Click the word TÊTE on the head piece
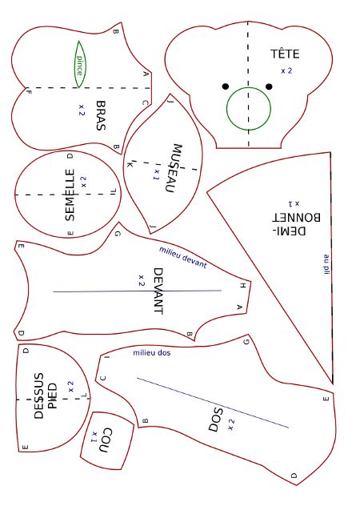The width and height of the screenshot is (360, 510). [285, 54]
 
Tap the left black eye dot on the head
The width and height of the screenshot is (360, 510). [226, 86]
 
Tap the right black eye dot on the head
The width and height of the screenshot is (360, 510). [269, 86]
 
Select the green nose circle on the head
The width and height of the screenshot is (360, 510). [249, 109]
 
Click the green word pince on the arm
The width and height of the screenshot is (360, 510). [80, 66]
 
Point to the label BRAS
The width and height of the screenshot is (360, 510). [101, 115]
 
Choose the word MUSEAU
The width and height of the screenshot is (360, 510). [173, 168]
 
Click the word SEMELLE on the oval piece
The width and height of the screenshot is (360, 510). [70, 195]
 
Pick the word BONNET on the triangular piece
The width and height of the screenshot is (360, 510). [296, 217]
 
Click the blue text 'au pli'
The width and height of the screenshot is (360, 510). [326, 264]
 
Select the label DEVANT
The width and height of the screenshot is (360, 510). [158, 291]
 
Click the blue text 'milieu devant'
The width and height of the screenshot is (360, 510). [183, 257]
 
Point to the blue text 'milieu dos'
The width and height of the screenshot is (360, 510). [152, 352]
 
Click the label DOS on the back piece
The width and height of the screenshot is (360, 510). [216, 420]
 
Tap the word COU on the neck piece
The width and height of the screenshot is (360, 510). [107, 440]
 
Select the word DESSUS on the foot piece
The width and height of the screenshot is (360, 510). [38, 396]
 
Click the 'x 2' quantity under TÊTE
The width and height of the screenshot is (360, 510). [286, 70]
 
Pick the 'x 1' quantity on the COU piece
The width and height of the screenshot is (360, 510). [94, 437]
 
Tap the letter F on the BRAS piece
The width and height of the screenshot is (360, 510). [29, 92]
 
